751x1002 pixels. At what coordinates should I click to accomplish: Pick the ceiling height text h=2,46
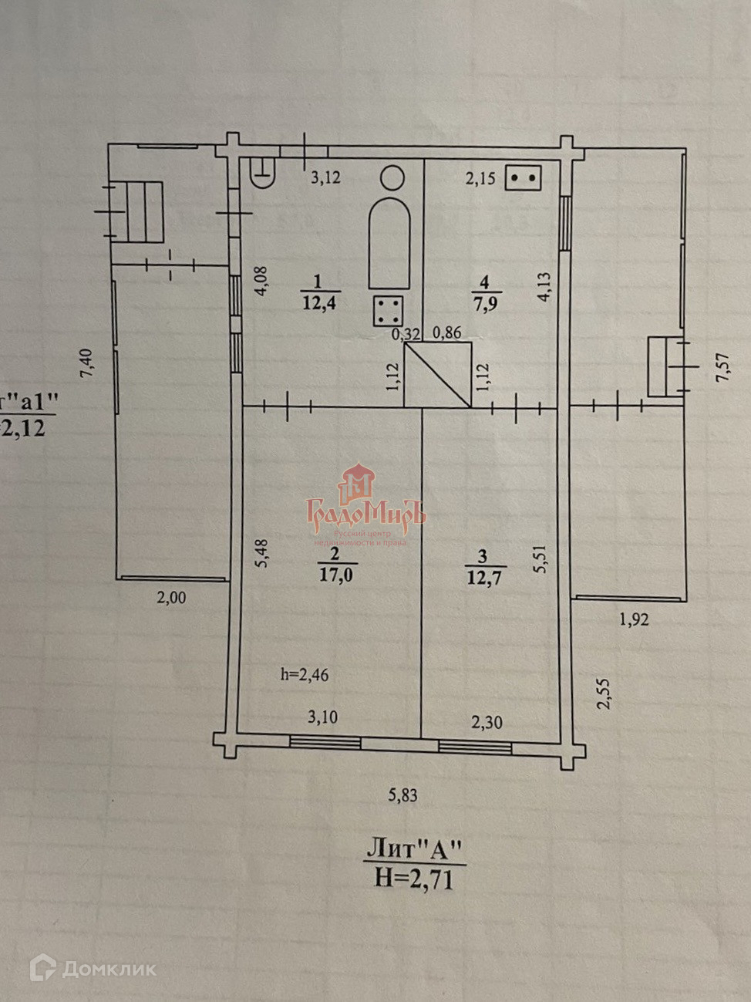tap(305, 675)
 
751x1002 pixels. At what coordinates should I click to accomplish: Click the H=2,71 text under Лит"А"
tap(414, 878)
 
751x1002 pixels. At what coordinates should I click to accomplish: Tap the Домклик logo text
tap(109, 969)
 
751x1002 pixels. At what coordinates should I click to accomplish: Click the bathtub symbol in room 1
tap(389, 242)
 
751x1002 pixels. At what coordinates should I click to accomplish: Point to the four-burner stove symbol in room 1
tap(388, 312)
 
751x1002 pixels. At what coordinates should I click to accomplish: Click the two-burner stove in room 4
tap(523, 178)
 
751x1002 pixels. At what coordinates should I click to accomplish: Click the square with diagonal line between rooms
tap(437, 376)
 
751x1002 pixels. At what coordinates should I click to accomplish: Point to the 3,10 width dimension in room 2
tap(322, 717)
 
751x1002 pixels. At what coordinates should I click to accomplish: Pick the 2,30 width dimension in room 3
tap(487, 722)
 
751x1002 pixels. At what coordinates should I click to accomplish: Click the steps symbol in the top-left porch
tap(143, 211)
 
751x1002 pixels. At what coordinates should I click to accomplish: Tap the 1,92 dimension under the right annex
tap(633, 618)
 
